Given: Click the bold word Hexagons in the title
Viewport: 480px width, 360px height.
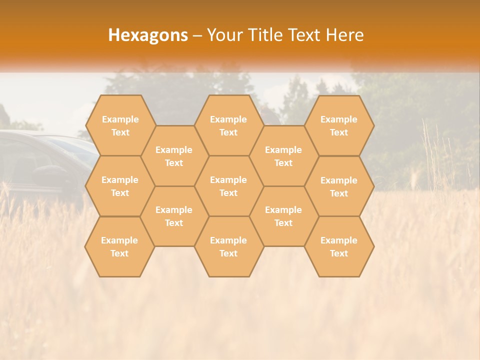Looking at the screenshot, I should (148, 35).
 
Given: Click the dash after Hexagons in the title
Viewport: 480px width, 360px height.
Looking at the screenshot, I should (197, 35).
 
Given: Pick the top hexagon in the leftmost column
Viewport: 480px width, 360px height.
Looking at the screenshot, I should (120, 125).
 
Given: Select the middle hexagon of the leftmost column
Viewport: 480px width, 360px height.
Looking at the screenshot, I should (120, 186).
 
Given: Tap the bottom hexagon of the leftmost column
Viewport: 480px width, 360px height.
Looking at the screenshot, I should (119, 246).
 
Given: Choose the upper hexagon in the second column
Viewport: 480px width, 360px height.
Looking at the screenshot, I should (174, 156).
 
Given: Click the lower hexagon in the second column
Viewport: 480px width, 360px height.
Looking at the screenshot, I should (174, 216).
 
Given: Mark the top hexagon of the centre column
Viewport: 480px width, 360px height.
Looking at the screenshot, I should (228, 125).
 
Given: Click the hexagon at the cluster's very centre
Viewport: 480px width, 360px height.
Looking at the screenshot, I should (228, 186).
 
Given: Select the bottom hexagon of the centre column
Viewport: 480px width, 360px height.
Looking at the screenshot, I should (228, 246).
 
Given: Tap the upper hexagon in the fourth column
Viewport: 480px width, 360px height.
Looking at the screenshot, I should (283, 156).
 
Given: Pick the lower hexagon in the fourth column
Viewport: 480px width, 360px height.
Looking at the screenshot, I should (283, 216).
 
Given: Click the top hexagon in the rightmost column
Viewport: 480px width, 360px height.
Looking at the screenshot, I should (339, 125).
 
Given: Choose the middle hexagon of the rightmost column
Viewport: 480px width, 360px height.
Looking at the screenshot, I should (339, 186).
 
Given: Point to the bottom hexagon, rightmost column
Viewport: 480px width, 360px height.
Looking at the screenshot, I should (339, 246).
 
